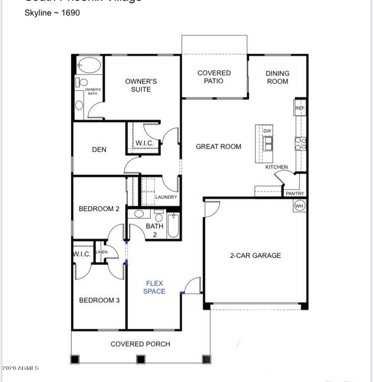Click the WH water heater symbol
[299, 205]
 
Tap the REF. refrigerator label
[300, 108]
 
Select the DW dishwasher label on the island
[268, 131]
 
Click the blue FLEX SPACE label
[154, 287]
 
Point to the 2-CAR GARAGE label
[255, 256]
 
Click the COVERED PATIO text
[214, 77]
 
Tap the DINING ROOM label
[278, 77]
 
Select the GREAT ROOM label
[218, 147]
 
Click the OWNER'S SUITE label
[141, 85]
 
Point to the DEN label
[99, 150]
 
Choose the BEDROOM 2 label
[99, 209]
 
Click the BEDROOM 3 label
[99, 300]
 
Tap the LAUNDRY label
[166, 197]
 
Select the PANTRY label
[295, 193]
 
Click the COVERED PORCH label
[140, 344]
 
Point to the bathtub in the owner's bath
[90, 65]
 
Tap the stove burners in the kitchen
[301, 144]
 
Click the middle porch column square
[141, 359]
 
